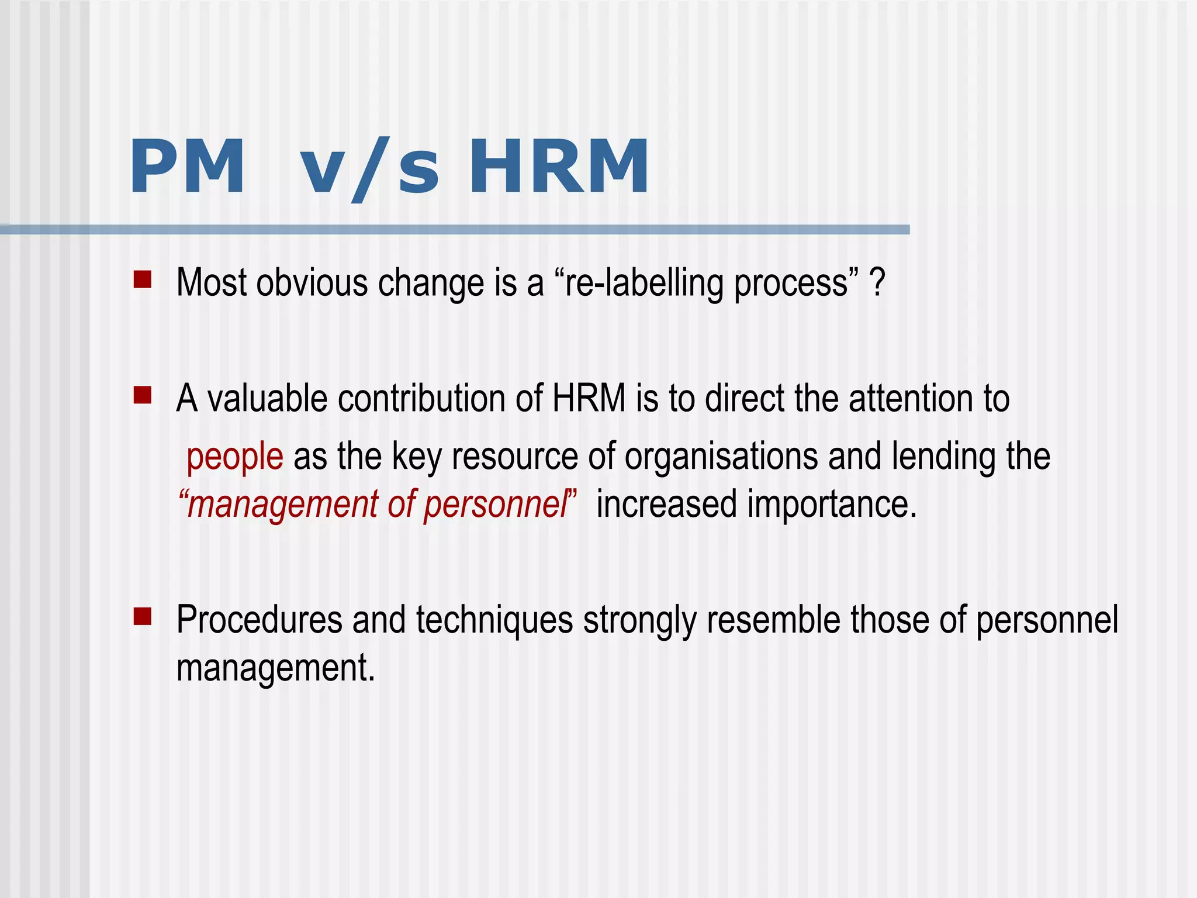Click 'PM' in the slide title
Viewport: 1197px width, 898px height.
[x=187, y=168]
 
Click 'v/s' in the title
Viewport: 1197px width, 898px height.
[x=369, y=168]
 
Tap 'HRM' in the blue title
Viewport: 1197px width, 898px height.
[x=559, y=168]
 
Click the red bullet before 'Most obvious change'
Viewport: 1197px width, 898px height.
[x=143, y=279]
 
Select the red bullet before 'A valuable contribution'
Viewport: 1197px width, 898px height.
[x=143, y=395]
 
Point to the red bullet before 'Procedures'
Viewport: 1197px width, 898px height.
[x=143, y=616]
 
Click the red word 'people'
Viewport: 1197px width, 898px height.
[x=235, y=457]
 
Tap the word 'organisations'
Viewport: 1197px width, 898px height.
[x=721, y=457]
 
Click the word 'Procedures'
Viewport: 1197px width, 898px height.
[x=260, y=620]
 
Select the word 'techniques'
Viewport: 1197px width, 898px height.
[x=494, y=620]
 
